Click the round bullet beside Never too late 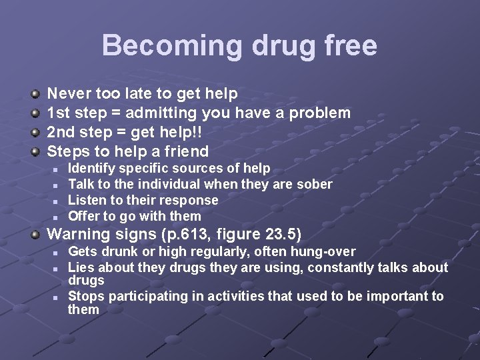tap(37, 95)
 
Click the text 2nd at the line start tap(62, 132)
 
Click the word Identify tap(93, 168)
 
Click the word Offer tap(83, 216)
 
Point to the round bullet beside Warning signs tap(37, 235)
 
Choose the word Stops tap(86, 296)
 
